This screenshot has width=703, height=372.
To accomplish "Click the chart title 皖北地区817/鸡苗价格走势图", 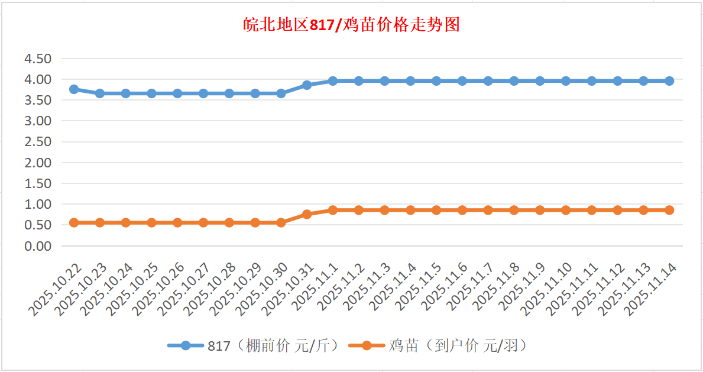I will click(x=351, y=25).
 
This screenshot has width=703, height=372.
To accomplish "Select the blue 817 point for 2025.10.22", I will click(x=74, y=89).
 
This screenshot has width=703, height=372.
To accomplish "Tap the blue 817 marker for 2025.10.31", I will click(x=307, y=85).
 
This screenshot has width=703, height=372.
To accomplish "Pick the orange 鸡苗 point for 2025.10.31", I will click(x=307, y=214).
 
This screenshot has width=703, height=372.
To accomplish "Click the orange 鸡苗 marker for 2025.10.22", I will click(x=74, y=222).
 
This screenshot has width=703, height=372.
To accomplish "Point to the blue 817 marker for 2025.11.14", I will click(x=669, y=81).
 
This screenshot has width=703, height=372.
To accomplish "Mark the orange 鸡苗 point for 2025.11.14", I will click(x=669, y=210).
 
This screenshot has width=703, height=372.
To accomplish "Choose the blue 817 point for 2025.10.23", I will click(x=100, y=93).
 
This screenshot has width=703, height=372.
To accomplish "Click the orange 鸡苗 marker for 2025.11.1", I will click(x=333, y=210).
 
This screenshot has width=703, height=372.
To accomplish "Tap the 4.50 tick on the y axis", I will click(x=37, y=59).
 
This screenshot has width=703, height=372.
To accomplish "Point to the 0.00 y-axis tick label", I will click(x=37, y=246).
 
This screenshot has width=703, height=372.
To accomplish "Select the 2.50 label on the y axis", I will click(x=37, y=142).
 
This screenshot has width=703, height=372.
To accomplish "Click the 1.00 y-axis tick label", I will click(x=37, y=205).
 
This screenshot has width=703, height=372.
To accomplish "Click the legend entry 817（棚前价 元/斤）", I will click(x=254, y=346).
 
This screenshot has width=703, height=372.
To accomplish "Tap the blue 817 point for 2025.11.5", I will click(x=436, y=81).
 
